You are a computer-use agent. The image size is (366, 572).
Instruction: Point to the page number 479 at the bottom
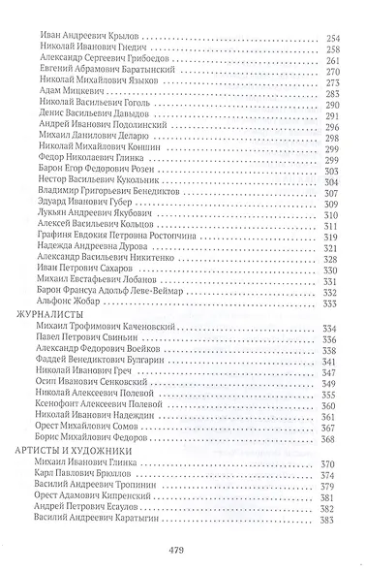pos(181,551)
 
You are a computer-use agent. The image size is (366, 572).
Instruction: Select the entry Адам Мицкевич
pos(68,113)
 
